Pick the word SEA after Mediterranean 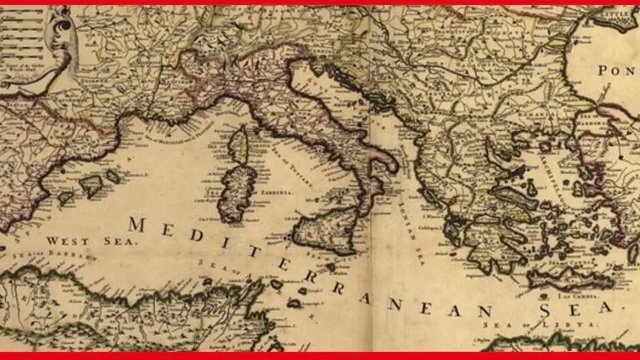(x=577, y=310)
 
